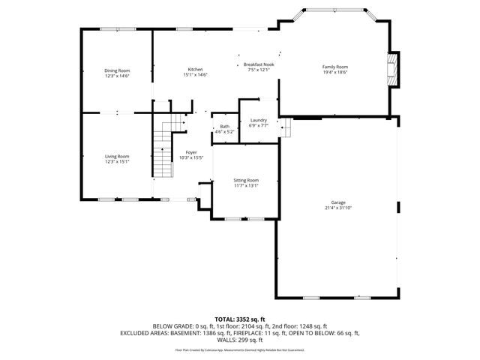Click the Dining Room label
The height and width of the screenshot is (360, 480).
coord(117,70)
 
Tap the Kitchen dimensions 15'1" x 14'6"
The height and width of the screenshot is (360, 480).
coord(195,75)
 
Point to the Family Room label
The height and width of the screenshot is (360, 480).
coord(335,67)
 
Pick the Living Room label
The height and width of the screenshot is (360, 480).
coord(117,156)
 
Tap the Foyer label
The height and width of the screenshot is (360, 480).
coord(192,153)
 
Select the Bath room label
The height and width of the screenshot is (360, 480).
coord(225,127)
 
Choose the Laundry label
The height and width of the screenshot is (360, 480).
coord(259,120)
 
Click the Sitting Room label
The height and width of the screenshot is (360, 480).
coord(247,181)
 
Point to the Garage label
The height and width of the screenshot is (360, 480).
coord(339,202)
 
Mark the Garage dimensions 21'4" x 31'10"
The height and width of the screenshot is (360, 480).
coord(339,208)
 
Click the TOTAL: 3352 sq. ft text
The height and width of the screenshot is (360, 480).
coord(240,319)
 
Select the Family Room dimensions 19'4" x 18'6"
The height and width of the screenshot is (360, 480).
coord(335,72)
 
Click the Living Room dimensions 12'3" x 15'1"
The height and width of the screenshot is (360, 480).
coord(117,161)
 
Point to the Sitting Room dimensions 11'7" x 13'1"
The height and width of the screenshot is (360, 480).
coord(247,186)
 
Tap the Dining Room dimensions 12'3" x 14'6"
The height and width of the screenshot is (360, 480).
coord(117,76)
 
